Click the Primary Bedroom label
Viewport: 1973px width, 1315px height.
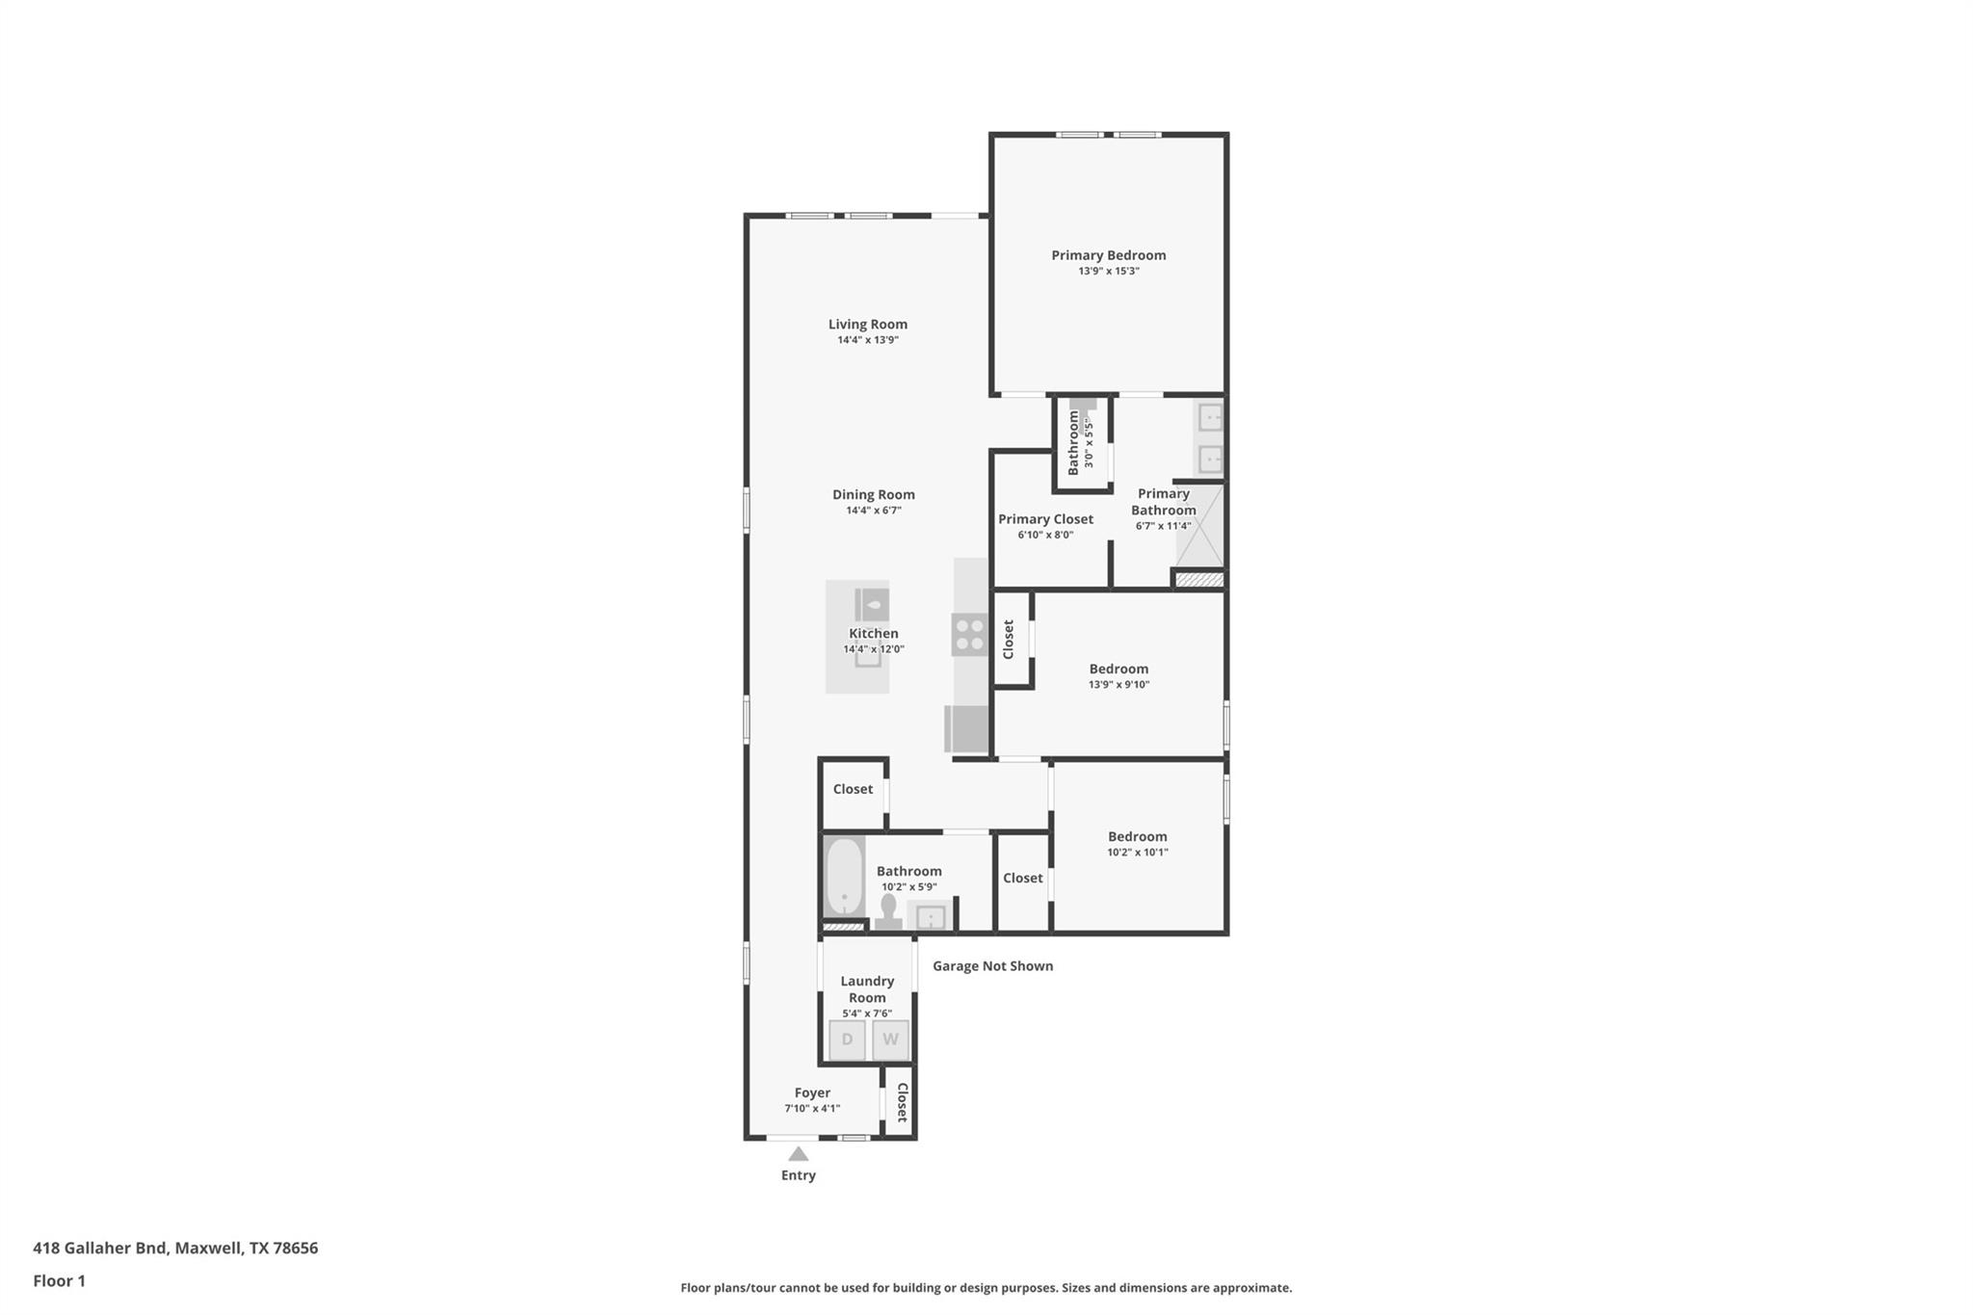click(1108, 255)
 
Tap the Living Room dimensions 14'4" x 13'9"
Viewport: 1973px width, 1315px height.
click(867, 340)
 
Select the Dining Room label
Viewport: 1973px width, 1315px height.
click(873, 494)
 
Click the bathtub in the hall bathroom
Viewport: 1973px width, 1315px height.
click(844, 878)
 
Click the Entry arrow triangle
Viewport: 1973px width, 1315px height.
click(798, 1154)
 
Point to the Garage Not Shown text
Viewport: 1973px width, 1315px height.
click(992, 966)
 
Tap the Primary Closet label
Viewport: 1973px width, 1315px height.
click(1045, 519)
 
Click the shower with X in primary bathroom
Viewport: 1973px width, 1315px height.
click(1199, 526)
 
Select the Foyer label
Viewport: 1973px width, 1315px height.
click(812, 1092)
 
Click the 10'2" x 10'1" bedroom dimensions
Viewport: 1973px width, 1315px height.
click(1137, 853)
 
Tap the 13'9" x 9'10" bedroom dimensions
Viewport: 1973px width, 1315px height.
click(1118, 685)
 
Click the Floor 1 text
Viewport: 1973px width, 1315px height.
click(59, 1281)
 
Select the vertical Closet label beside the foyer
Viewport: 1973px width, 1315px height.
click(902, 1103)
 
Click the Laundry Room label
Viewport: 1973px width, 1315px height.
click(867, 989)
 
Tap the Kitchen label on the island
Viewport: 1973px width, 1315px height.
click(873, 633)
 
